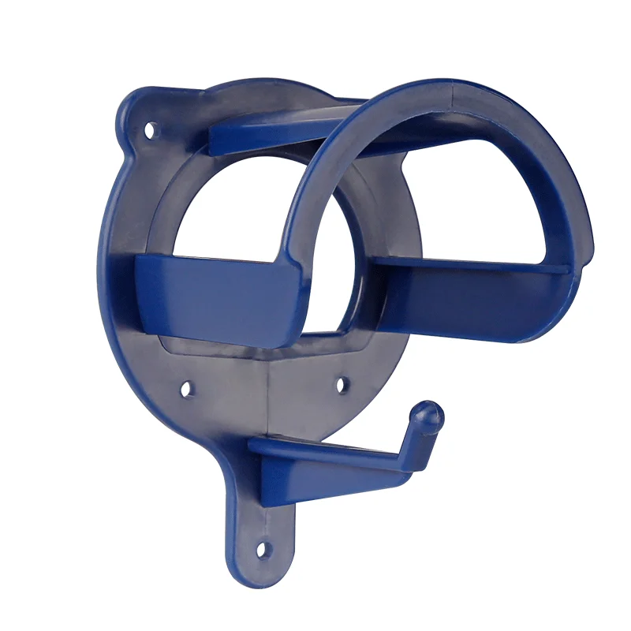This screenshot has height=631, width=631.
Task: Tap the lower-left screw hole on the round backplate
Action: [x=186, y=388]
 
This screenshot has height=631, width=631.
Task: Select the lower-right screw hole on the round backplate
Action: [x=342, y=385]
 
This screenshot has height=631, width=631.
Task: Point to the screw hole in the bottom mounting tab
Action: [x=263, y=547]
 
